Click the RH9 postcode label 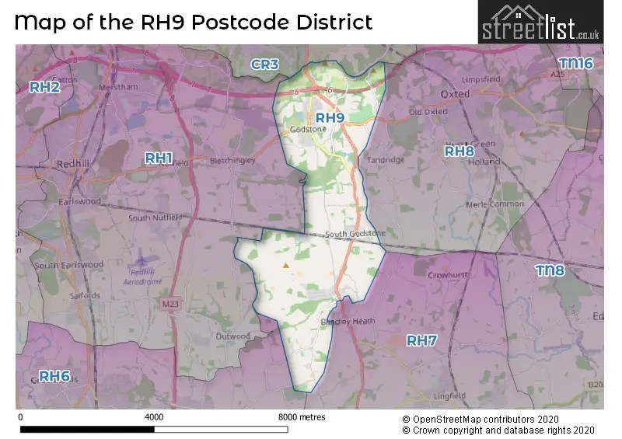[x=330, y=118]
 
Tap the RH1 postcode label [x=159, y=158]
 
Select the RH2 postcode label [x=44, y=87]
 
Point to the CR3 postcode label [x=264, y=64]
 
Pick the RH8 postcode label [x=459, y=152]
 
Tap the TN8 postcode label [x=550, y=270]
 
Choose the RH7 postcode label [x=422, y=340]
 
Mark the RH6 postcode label [x=54, y=377]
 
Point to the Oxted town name [x=455, y=93]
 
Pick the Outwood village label [x=233, y=336]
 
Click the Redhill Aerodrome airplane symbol [x=141, y=261]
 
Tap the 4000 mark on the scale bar [x=154, y=417]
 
